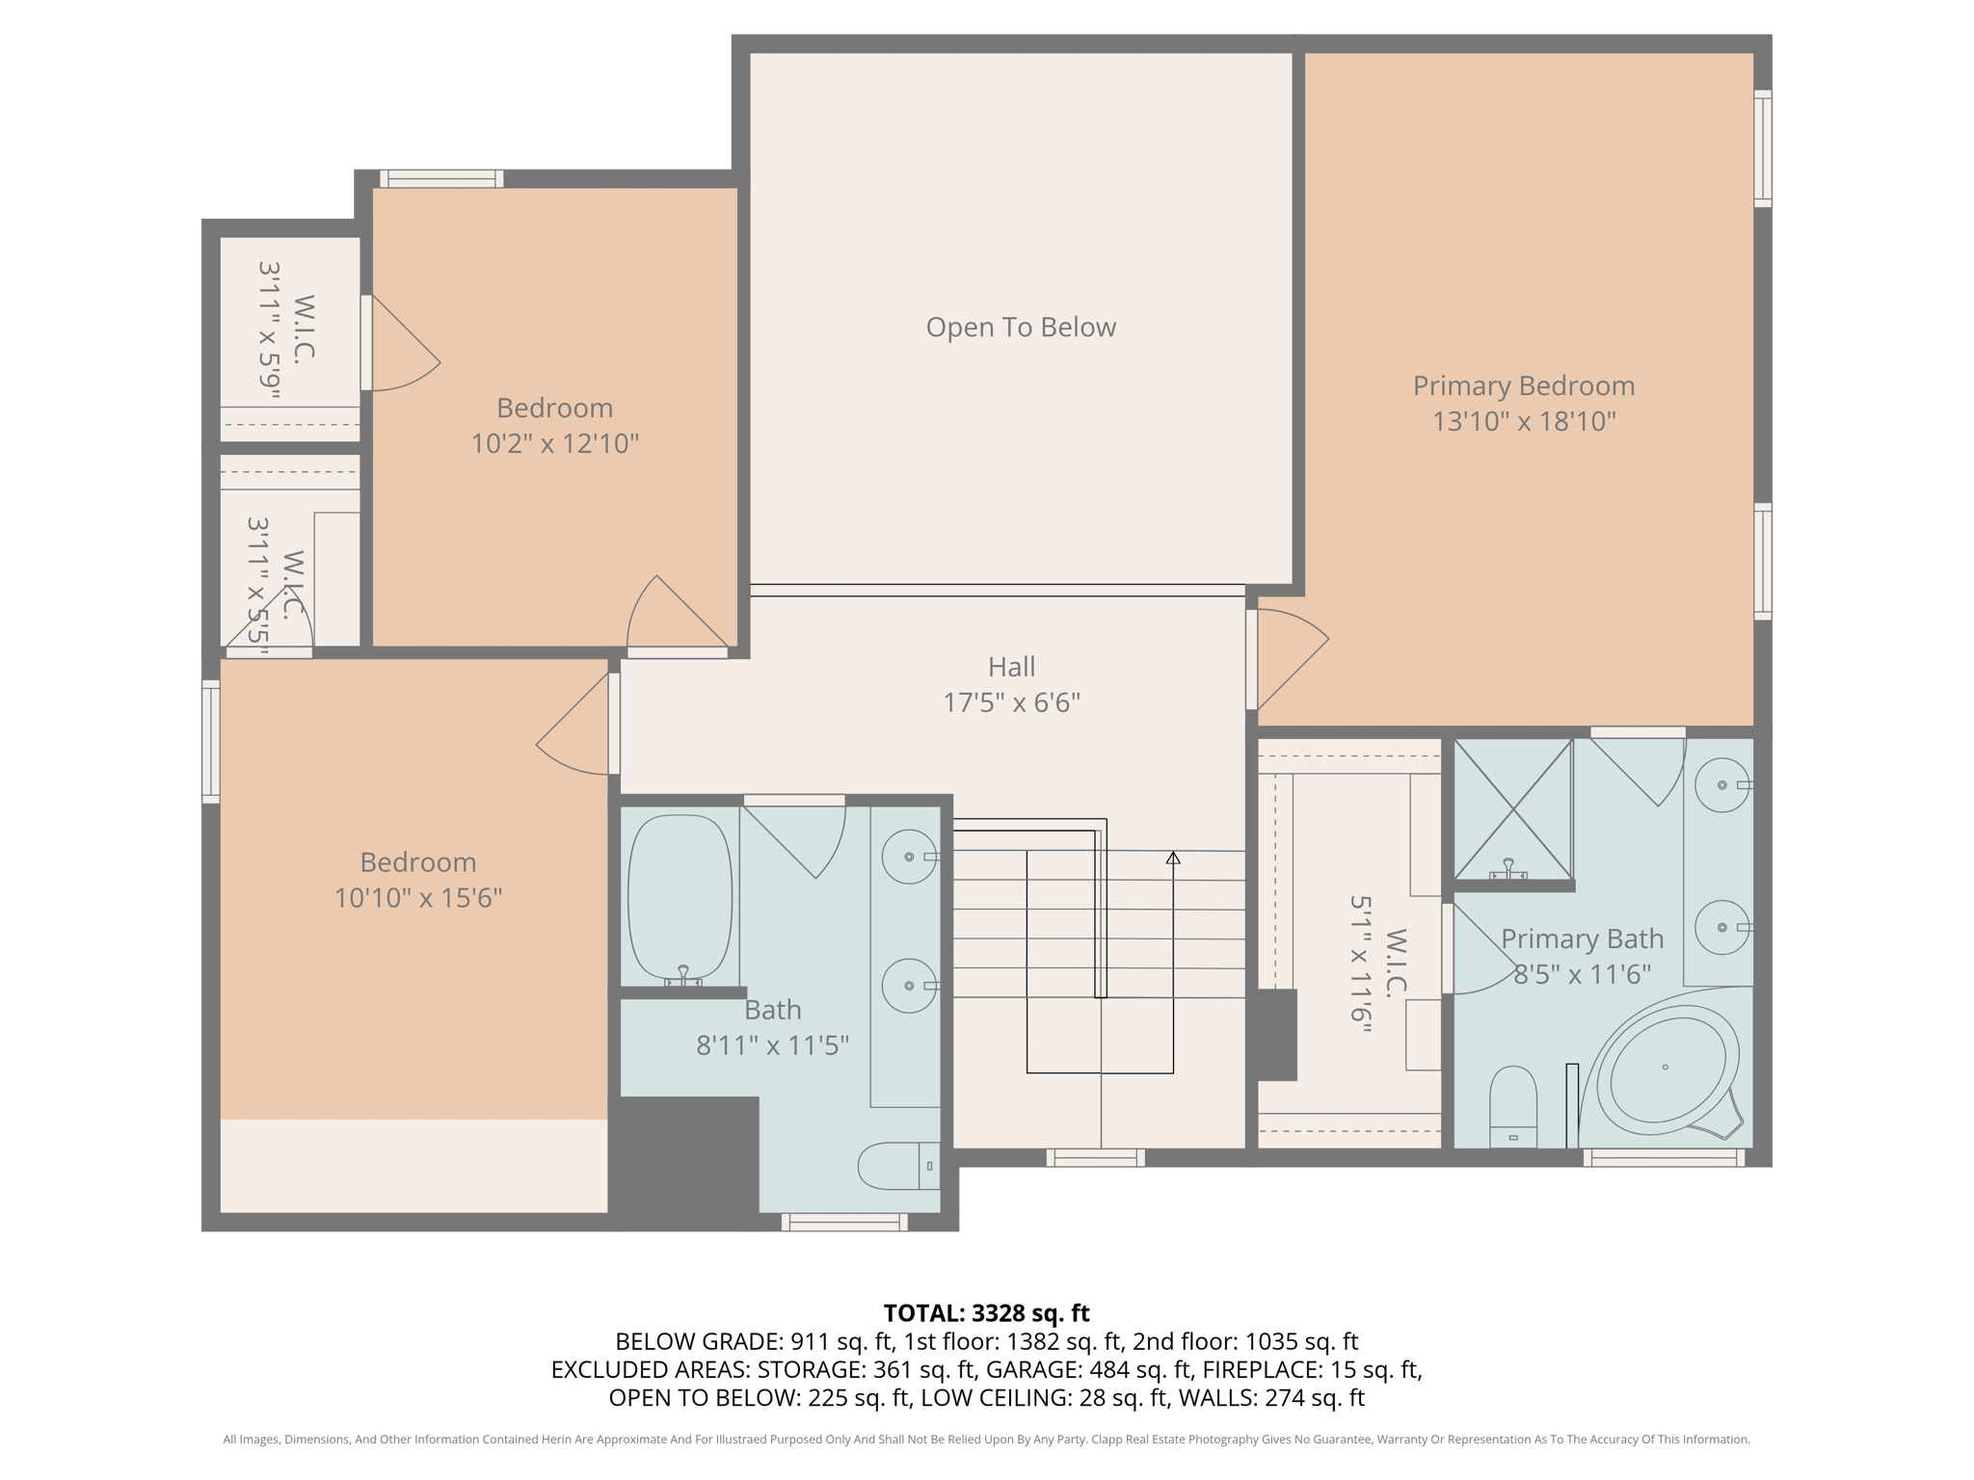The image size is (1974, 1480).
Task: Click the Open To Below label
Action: click(x=1021, y=328)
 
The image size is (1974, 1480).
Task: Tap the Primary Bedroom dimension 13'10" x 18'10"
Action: click(x=1523, y=422)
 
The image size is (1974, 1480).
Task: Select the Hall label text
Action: click(x=1011, y=667)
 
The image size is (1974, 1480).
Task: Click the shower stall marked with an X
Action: click(x=1512, y=809)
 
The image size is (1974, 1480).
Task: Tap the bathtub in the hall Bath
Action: click(x=680, y=896)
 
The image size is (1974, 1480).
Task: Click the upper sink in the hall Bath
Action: click(x=909, y=857)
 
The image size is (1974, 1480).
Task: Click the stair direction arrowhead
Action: click(x=1173, y=858)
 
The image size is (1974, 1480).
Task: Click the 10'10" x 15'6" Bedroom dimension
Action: click(x=418, y=898)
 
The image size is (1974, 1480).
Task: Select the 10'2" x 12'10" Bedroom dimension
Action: click(x=554, y=443)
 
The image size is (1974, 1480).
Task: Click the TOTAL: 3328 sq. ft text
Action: click(x=986, y=1313)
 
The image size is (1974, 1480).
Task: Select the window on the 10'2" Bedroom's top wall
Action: click(x=441, y=178)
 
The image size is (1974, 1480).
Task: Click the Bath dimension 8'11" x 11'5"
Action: click(x=772, y=1045)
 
